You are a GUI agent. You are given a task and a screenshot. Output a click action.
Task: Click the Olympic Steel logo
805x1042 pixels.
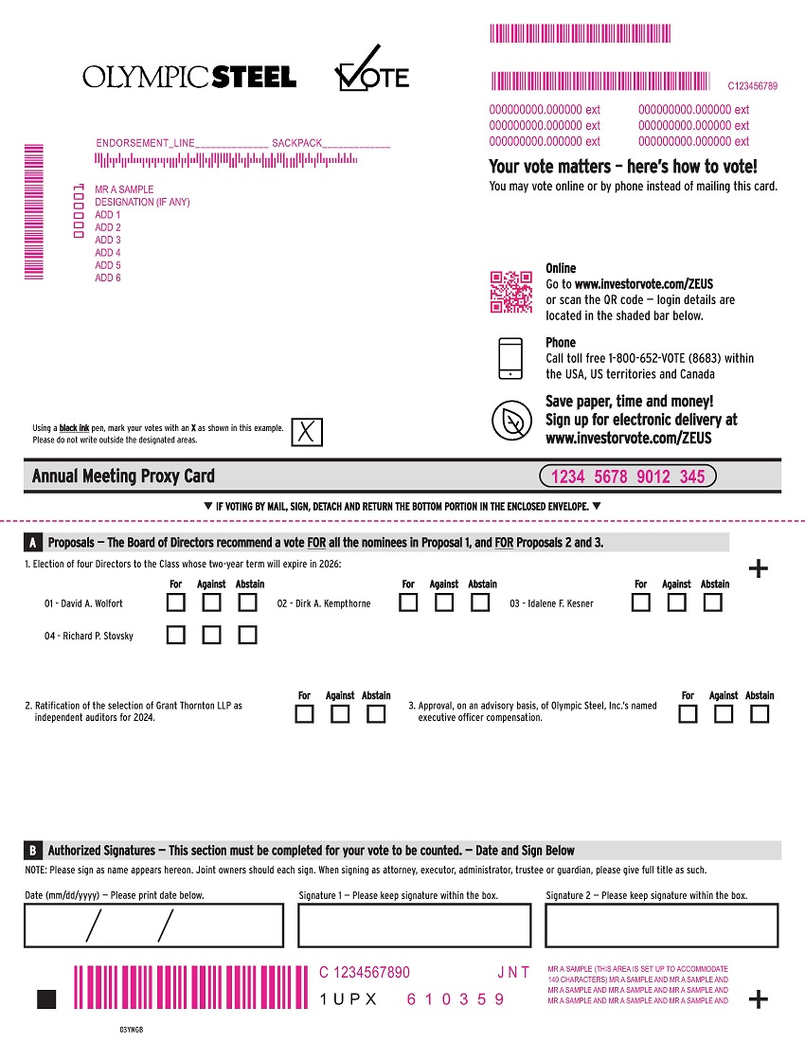[x=189, y=77]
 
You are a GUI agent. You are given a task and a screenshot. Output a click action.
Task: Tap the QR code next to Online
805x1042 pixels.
[x=510, y=292]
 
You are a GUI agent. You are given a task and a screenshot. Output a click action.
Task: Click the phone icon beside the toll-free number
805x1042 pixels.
[x=510, y=358]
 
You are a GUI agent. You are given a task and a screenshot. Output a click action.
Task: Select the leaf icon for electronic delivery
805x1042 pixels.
[x=510, y=420]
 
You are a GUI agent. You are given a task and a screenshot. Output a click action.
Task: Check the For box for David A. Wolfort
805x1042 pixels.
[x=175, y=602]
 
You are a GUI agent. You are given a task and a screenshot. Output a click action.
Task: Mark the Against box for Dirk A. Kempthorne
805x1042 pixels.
[x=444, y=602]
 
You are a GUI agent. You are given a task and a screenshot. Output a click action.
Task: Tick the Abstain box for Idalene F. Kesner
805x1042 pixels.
[x=714, y=602]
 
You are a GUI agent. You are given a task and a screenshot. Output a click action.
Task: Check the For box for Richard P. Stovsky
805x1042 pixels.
[x=175, y=635]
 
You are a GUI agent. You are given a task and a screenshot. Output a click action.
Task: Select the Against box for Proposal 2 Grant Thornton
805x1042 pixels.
[x=340, y=714]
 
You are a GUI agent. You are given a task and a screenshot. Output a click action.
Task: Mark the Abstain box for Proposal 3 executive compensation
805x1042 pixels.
[x=760, y=714]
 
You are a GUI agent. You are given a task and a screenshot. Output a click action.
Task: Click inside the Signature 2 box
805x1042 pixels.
[x=661, y=925]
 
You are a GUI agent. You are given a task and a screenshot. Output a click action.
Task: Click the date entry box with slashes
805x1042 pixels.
[x=153, y=925]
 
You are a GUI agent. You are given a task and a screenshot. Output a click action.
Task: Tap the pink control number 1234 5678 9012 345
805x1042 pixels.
[x=628, y=476]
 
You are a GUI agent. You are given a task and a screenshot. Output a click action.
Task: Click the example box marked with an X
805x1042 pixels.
[x=306, y=432]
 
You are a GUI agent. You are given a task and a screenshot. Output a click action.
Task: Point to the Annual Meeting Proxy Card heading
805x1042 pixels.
[x=123, y=476]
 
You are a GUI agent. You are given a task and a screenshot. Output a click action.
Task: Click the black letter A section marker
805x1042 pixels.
[x=33, y=543]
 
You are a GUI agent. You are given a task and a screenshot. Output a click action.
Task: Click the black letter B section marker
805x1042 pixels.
[x=33, y=851]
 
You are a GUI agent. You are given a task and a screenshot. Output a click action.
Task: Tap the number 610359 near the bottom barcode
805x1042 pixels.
[x=456, y=999]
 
